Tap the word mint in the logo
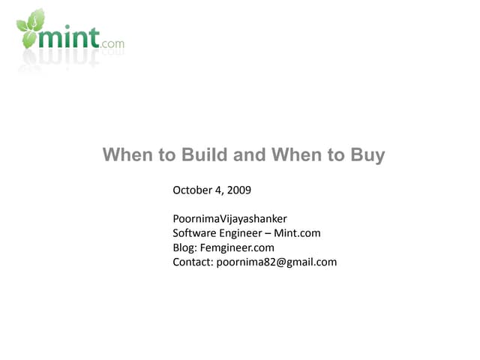click(72, 37)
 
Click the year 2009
click(238, 190)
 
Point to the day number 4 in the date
click(218, 190)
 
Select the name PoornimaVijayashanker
click(229, 219)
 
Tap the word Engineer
click(240, 233)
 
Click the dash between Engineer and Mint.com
click(268, 233)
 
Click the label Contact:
click(193, 262)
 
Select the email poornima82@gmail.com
click(277, 262)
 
